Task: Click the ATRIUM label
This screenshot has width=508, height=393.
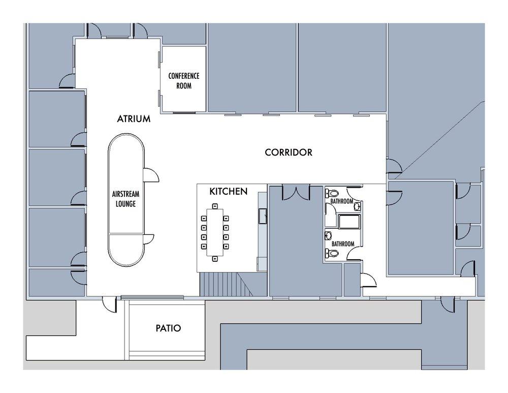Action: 134,118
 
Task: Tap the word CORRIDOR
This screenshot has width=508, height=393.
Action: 289,153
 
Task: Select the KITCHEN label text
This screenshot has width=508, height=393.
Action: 229,191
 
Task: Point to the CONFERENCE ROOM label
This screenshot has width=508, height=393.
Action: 184,81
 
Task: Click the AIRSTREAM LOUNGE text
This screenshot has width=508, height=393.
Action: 125,199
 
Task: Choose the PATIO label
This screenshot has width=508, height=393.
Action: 169,328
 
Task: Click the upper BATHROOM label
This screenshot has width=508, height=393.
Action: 342,201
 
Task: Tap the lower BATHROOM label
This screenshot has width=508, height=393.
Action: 343,244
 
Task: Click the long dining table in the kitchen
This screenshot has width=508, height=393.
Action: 215,232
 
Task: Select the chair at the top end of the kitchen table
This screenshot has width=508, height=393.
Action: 215,206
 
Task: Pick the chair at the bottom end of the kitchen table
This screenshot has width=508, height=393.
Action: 215,258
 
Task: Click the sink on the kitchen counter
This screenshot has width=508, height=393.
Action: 263,216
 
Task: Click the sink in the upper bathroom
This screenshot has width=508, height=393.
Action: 357,206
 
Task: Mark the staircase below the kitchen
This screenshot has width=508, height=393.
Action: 226,284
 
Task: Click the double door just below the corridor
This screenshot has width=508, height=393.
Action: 296,192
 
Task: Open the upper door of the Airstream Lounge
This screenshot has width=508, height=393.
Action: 151,175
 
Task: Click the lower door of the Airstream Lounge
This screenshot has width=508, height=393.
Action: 148,239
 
